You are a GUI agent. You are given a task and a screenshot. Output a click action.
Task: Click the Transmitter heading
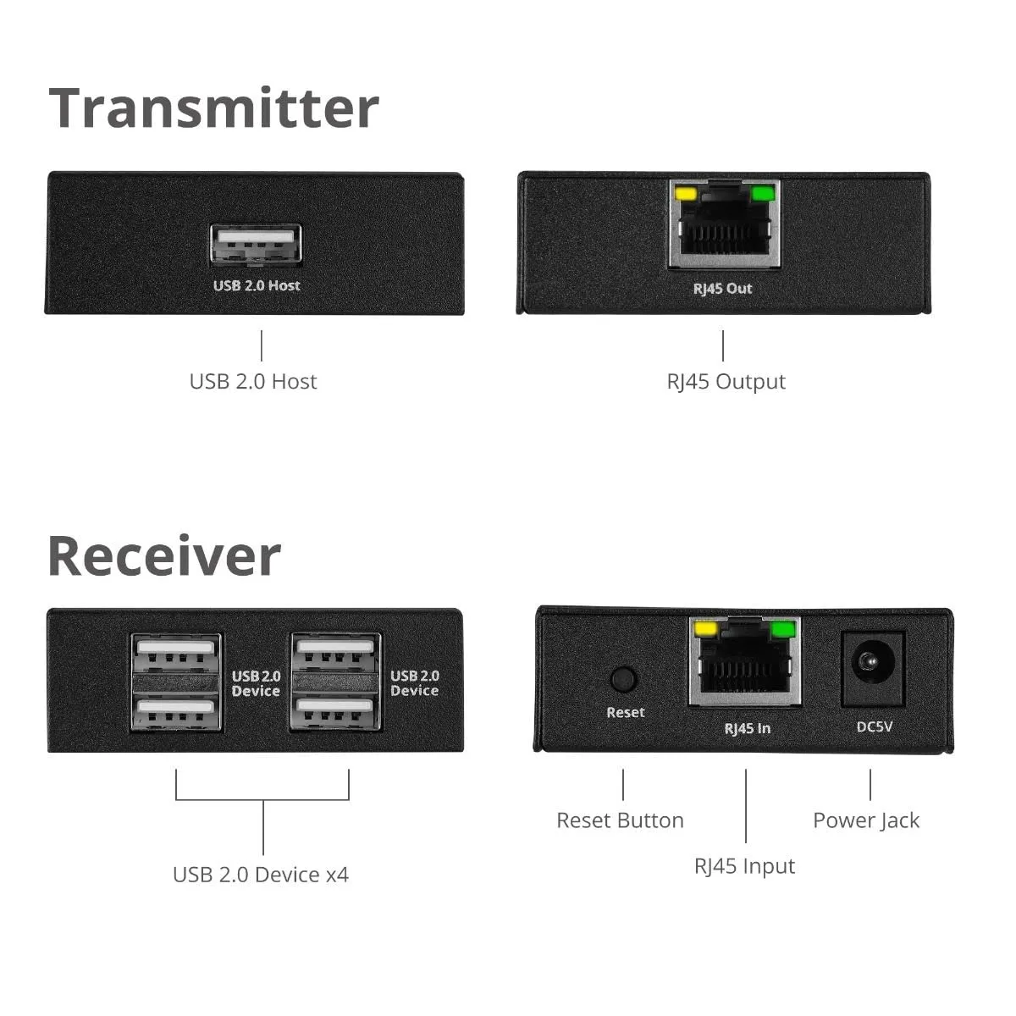213,108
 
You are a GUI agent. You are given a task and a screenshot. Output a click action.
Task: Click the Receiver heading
164,556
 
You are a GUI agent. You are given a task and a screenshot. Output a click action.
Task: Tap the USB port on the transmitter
256,246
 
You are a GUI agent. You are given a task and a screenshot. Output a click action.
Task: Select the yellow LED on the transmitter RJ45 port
685,194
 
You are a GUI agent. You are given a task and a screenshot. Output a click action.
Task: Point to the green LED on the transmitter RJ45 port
763,194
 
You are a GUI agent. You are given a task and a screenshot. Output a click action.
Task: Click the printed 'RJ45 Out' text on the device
722,289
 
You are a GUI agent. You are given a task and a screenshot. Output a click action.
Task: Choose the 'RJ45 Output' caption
726,382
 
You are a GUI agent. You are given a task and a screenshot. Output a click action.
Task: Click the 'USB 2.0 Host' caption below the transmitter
253,382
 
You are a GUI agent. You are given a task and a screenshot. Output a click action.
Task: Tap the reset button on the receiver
623,679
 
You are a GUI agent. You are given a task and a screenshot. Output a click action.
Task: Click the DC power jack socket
872,669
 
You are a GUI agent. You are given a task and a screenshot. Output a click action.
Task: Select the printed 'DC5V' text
874,726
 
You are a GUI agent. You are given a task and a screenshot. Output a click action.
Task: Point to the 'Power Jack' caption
865,820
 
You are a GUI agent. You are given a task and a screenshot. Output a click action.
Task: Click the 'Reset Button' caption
620,820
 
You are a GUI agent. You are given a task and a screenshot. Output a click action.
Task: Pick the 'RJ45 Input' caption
744,866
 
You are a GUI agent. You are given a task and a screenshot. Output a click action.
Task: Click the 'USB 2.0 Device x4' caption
261,875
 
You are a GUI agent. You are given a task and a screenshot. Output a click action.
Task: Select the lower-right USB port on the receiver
334,710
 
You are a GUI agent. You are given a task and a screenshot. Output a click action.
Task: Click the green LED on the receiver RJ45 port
783,629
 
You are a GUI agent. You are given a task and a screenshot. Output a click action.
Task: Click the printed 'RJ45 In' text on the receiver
747,728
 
